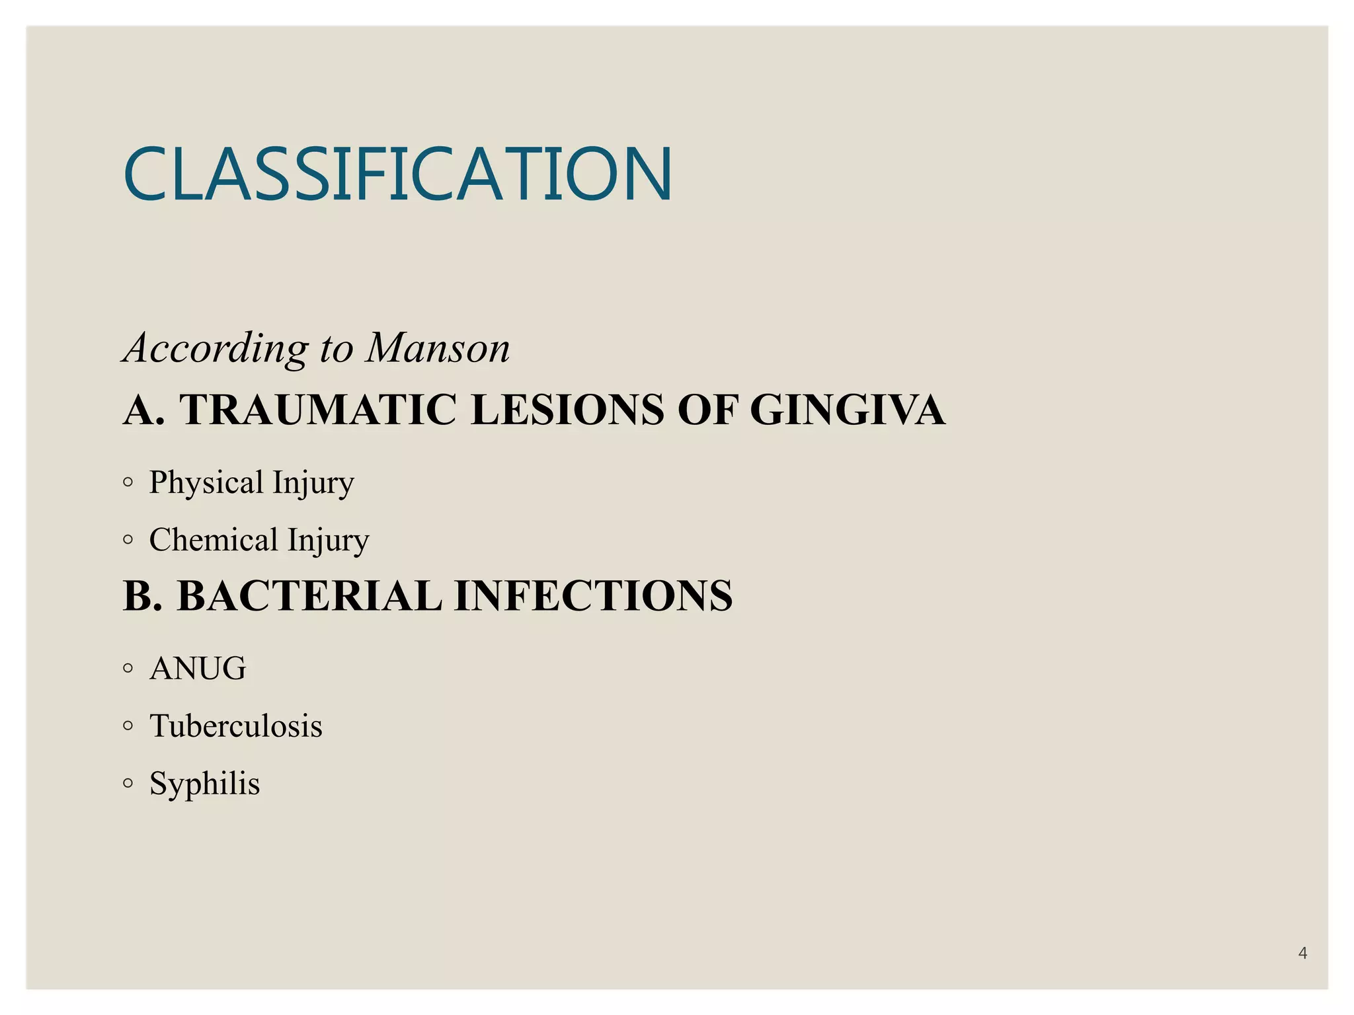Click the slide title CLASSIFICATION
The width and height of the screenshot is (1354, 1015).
(397, 174)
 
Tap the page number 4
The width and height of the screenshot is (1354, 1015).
(1302, 953)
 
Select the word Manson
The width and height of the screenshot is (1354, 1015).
(438, 348)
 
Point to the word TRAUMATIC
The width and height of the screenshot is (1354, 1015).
(318, 410)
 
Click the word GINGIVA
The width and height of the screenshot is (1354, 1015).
(847, 410)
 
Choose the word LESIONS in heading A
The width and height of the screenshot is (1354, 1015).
(567, 410)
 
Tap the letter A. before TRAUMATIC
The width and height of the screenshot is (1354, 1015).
(143, 410)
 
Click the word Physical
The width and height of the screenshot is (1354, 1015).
(206, 483)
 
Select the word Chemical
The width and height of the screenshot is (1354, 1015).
(214, 540)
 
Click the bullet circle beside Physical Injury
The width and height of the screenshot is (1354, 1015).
(128, 482)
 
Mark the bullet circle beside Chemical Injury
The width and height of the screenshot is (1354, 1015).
(128, 540)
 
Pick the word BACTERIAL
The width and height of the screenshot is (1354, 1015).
(309, 595)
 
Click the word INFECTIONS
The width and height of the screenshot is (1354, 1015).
(593, 595)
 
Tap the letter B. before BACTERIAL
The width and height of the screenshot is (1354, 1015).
(142, 595)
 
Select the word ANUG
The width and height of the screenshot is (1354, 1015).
(198, 668)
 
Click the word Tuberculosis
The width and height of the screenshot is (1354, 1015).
(236, 726)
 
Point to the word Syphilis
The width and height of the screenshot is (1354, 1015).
(205, 784)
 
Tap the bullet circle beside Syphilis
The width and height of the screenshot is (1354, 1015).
(128, 783)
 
